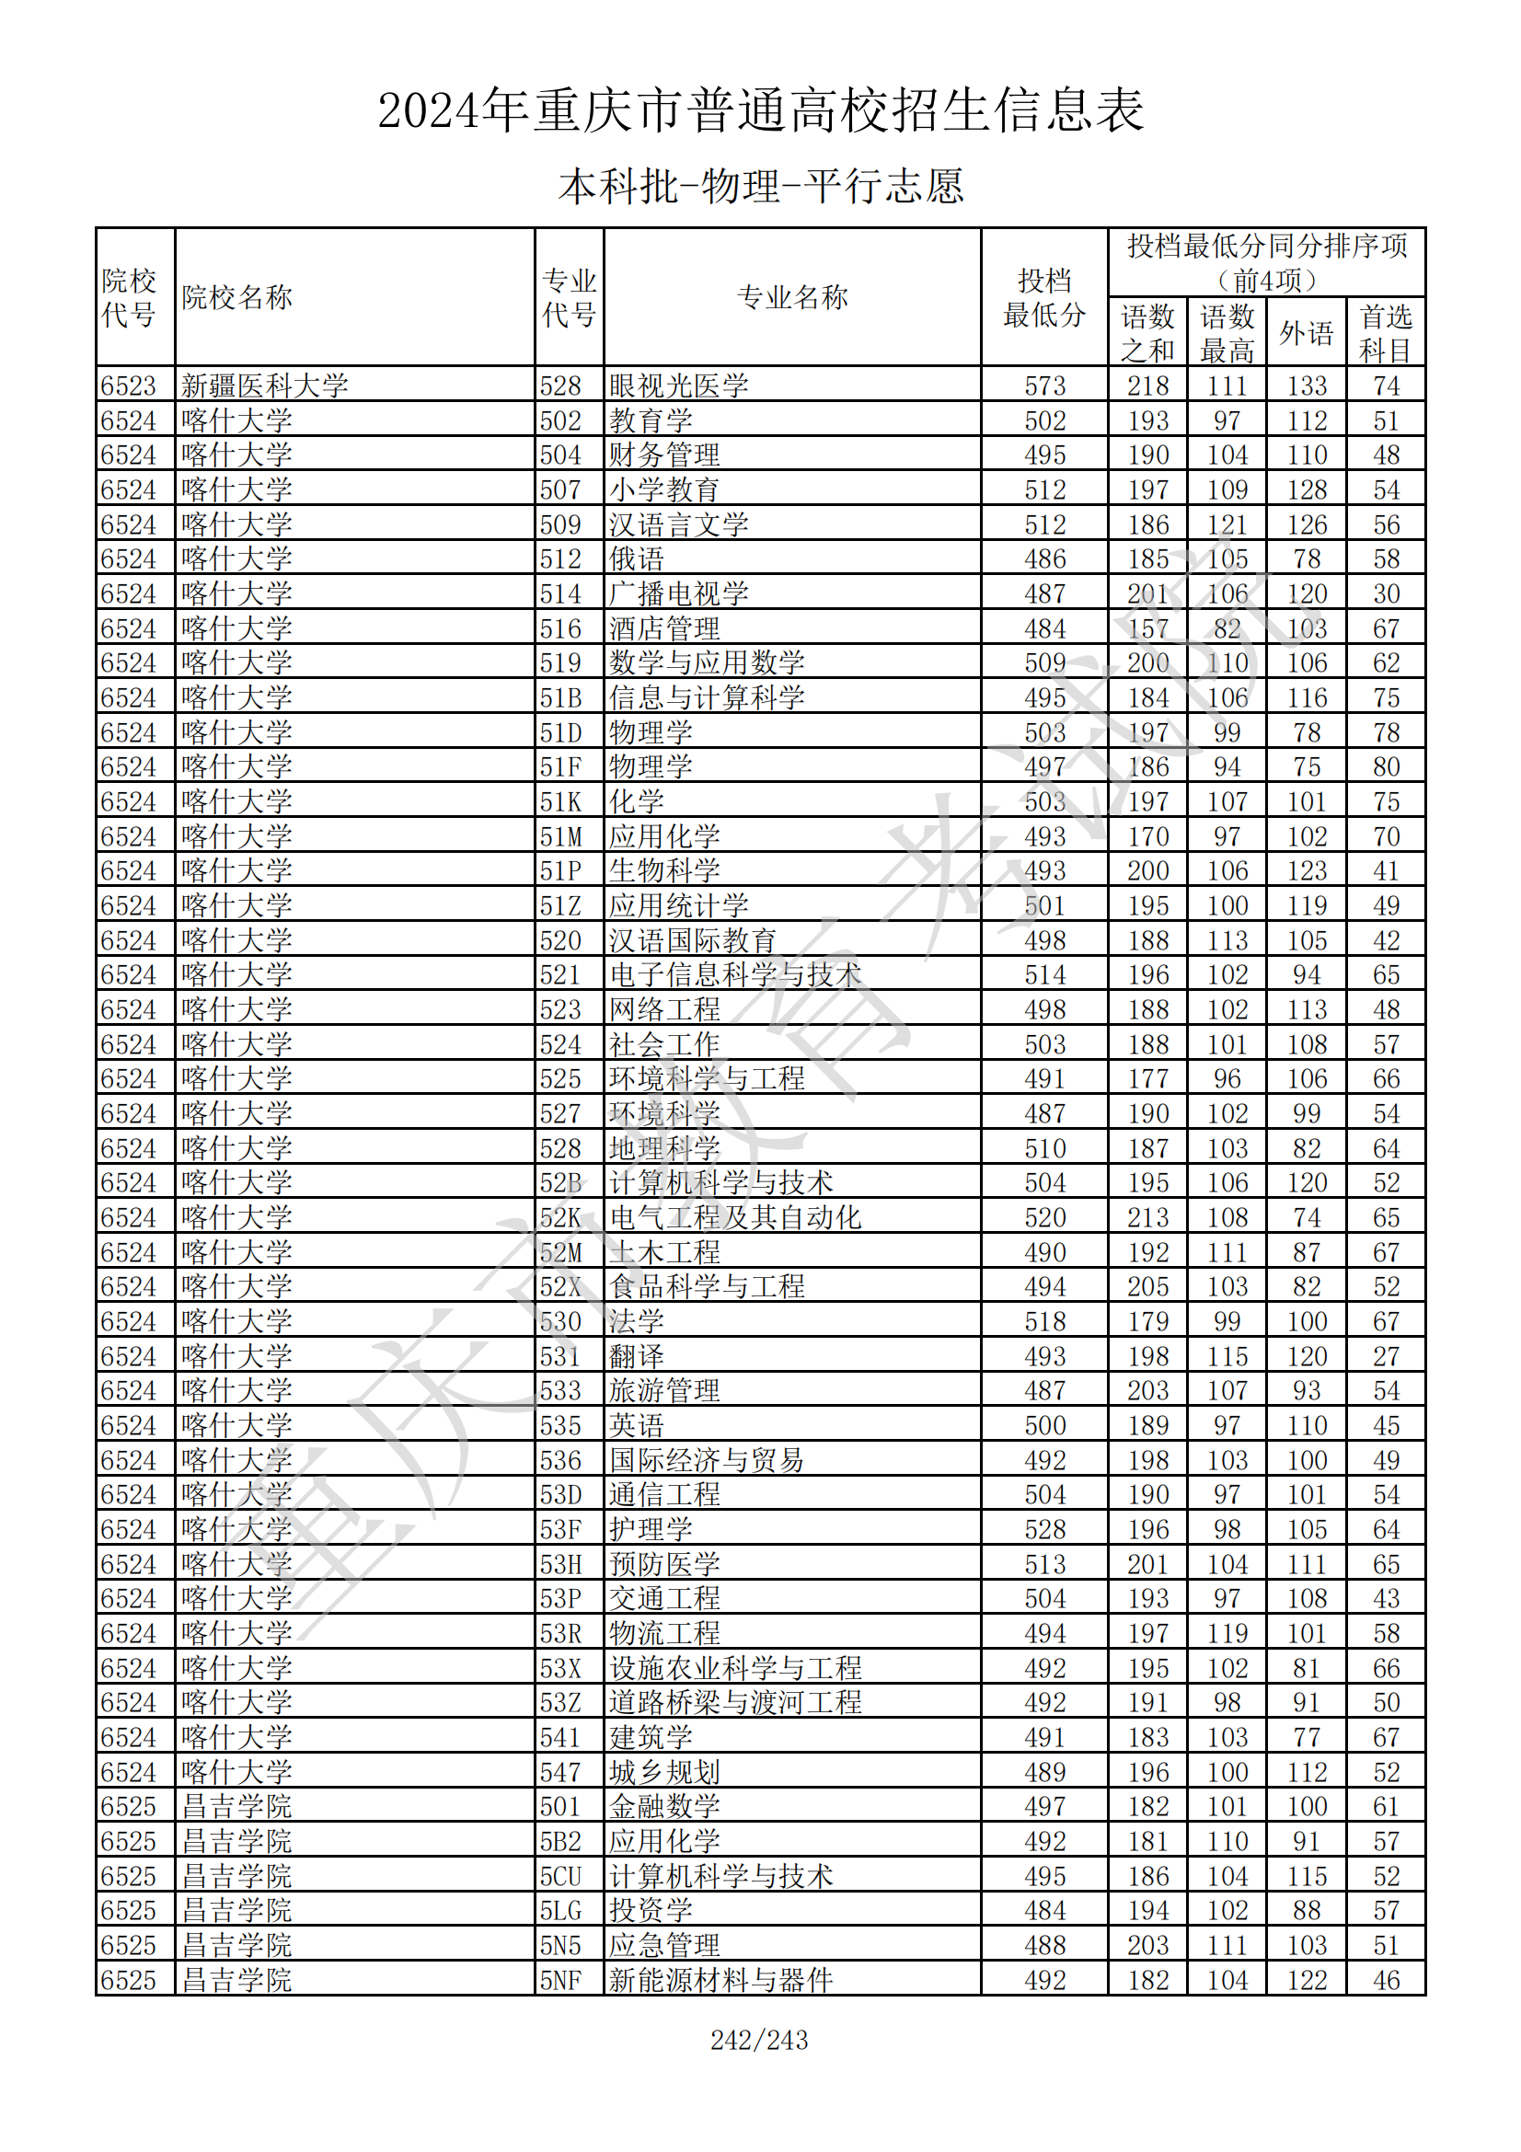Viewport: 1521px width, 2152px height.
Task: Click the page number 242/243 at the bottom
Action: (x=759, y=2040)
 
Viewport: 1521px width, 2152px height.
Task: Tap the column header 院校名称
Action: (x=237, y=297)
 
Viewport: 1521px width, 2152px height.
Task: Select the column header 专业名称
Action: (x=792, y=297)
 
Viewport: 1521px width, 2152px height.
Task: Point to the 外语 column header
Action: (x=1307, y=333)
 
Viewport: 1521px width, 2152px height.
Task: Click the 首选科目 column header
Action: (x=1386, y=333)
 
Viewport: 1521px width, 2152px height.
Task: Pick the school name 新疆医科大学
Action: (x=264, y=386)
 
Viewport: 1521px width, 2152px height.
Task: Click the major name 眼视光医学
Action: (x=679, y=386)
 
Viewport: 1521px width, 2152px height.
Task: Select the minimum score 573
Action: (x=1045, y=386)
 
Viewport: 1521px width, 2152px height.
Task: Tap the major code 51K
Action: (x=561, y=801)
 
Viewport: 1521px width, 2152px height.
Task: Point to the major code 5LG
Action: (x=561, y=1910)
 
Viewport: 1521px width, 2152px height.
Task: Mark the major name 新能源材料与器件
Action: (x=720, y=1980)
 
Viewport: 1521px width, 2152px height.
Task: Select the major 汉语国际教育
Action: (x=693, y=940)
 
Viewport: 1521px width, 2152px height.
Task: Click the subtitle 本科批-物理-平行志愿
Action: (x=760, y=186)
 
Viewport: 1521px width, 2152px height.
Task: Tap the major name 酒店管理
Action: (x=664, y=628)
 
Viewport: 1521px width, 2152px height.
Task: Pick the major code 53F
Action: (x=561, y=1529)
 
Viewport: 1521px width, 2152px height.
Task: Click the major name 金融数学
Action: (x=664, y=1806)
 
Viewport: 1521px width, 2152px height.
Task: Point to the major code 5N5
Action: (x=561, y=1945)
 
